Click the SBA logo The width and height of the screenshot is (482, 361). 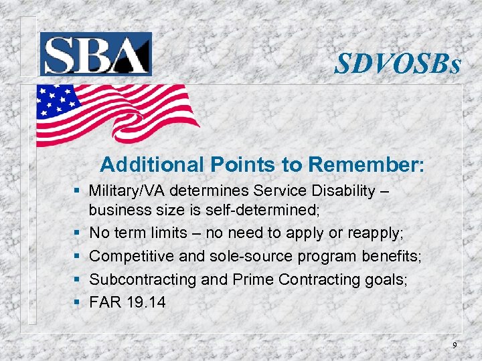point(96,53)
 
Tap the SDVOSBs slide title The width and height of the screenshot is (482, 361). point(398,65)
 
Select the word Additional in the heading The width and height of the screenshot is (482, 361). point(151,164)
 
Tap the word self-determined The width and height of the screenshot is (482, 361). point(268,211)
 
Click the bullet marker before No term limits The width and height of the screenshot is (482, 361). point(78,234)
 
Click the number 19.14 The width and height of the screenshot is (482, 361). point(145,302)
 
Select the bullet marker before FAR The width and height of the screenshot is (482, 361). point(78,302)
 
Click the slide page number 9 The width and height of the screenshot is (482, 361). point(455,345)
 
